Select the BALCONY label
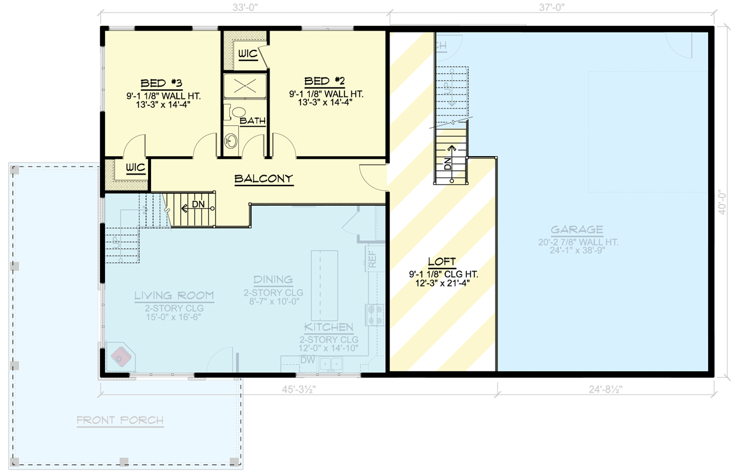click(x=264, y=179)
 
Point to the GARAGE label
click(x=577, y=230)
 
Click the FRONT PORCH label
click(x=120, y=420)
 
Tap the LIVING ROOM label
click(x=174, y=296)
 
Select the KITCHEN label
click(x=329, y=327)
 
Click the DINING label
click(x=273, y=280)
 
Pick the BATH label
click(x=252, y=121)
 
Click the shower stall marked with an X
click(x=244, y=86)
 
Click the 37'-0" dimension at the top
click(x=550, y=8)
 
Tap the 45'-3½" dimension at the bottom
click(x=297, y=389)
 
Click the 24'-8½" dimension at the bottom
click(x=605, y=389)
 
